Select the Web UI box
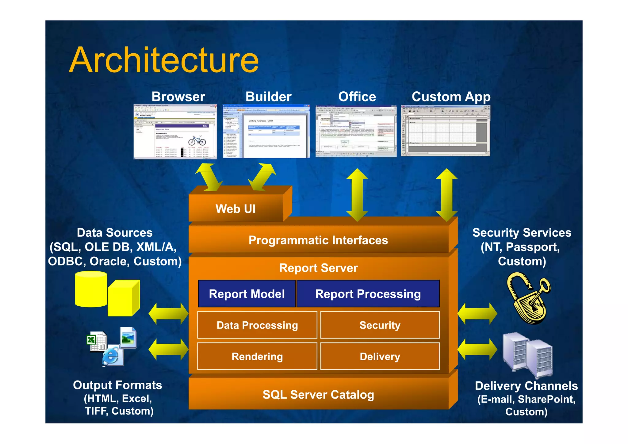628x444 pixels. [235, 209]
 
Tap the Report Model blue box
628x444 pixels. [247, 294]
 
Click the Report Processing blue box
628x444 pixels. [368, 294]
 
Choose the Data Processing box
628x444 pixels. [257, 325]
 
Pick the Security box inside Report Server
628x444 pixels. [380, 325]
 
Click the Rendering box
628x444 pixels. [257, 356]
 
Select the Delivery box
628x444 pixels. [380, 356]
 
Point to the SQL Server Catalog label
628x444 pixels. [318, 395]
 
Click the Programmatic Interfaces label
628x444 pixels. [318, 240]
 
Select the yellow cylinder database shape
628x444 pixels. [91, 289]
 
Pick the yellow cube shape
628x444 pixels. [123, 298]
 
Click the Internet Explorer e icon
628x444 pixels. [112, 356]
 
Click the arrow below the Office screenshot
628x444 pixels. [357, 195]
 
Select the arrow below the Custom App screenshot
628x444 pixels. [446, 195]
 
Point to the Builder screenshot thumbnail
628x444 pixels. [266, 132]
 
